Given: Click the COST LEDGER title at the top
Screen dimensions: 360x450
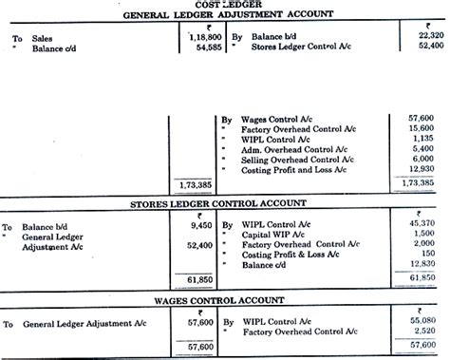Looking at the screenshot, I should (x=225, y=5).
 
